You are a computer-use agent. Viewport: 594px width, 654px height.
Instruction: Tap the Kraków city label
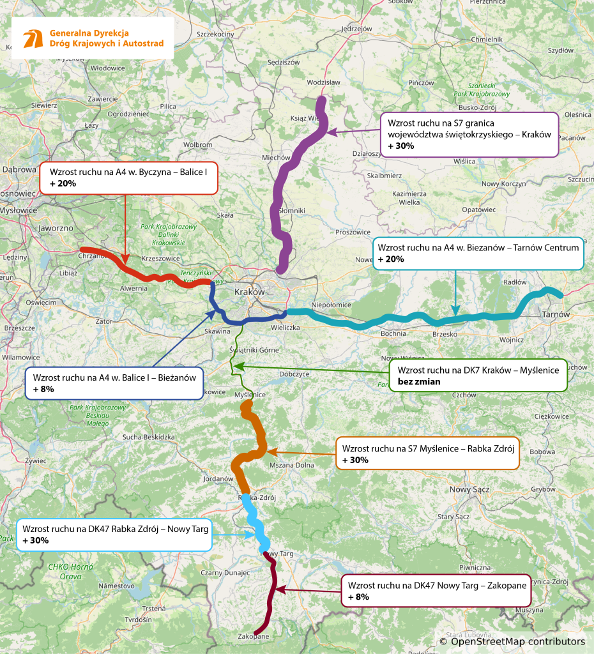[249, 291]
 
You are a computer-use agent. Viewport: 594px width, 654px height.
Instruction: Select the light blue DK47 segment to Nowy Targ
[254, 517]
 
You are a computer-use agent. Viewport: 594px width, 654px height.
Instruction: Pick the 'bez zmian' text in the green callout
[418, 381]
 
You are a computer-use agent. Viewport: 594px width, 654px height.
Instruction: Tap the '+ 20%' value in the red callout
[63, 183]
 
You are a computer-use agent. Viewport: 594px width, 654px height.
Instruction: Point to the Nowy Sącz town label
[469, 489]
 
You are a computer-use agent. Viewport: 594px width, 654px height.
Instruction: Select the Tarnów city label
[554, 314]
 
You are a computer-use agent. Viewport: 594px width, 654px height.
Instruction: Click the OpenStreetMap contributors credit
[512, 641]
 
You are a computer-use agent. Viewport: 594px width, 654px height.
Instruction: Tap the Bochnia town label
[393, 333]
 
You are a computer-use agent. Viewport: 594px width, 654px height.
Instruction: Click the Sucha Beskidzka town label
[149, 437]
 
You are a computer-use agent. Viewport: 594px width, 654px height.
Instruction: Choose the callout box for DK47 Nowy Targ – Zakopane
[436, 591]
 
